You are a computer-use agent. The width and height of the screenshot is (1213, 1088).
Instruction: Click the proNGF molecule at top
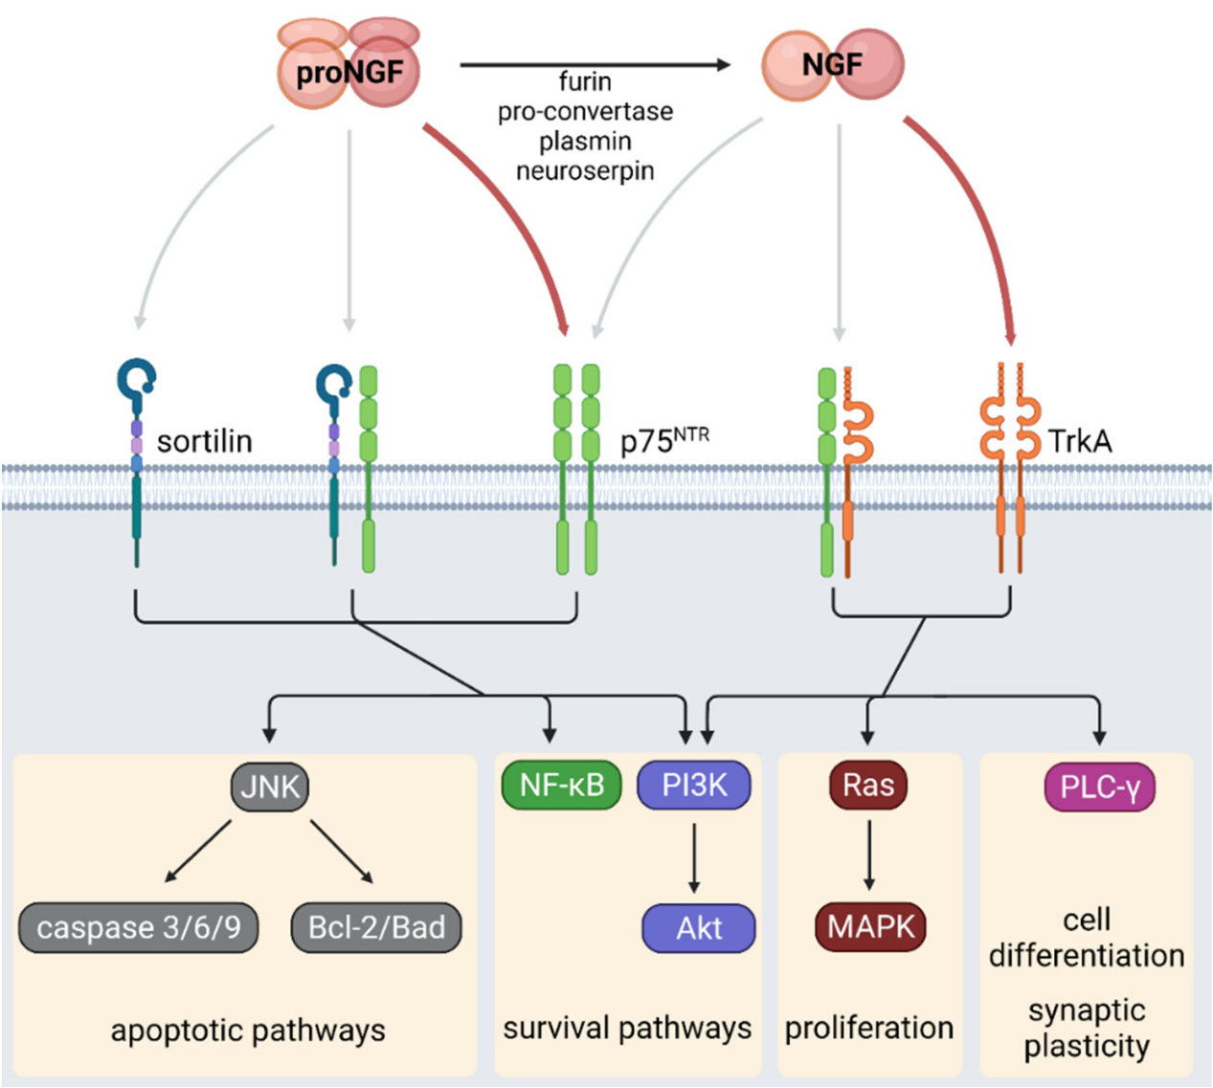(x=348, y=71)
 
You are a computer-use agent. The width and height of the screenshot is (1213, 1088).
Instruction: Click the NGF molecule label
(x=832, y=64)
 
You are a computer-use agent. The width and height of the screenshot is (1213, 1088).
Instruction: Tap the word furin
(x=585, y=81)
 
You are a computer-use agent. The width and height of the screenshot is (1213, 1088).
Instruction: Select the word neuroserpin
(x=585, y=171)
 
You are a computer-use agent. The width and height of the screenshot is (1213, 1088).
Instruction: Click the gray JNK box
(x=270, y=787)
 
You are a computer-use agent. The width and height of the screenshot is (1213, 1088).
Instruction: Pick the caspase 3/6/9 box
(x=139, y=926)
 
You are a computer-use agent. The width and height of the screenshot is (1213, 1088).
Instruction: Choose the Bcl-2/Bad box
(x=376, y=926)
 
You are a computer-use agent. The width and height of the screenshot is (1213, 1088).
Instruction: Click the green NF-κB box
(x=562, y=786)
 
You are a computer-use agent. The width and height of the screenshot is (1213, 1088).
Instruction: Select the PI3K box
(x=694, y=786)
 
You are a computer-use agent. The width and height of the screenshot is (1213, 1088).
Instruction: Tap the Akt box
(x=698, y=927)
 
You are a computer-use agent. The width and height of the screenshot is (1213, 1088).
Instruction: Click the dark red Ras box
(x=867, y=786)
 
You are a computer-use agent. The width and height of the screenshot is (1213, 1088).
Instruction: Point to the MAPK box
(x=870, y=926)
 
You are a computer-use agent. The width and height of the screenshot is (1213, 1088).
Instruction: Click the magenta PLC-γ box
(x=1099, y=787)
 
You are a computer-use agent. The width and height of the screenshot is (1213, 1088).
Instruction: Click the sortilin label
(x=204, y=441)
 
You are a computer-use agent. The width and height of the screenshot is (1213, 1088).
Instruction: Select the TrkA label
(x=1080, y=441)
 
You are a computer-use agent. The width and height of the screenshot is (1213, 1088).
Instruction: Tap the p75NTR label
(x=664, y=441)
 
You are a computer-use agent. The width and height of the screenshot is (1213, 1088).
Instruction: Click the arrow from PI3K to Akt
(x=694, y=856)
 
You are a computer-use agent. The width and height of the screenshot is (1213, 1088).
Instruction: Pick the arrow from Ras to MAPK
(x=868, y=855)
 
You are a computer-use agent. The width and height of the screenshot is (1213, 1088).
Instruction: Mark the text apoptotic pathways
(x=248, y=1031)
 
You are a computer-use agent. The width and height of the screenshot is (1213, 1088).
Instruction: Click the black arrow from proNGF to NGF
(x=594, y=65)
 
